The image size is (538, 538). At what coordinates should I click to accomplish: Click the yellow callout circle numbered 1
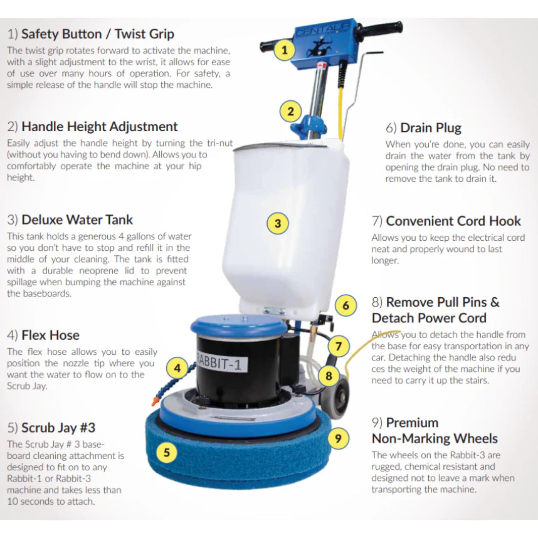tap(284, 50)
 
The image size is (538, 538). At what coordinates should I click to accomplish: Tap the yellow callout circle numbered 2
tap(291, 111)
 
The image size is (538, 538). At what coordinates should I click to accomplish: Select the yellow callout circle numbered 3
tap(278, 223)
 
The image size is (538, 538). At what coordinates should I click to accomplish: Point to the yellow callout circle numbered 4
tap(177, 368)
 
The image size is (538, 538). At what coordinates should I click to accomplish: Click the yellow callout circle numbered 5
tap(167, 452)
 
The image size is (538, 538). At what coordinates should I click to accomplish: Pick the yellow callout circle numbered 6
tap(346, 306)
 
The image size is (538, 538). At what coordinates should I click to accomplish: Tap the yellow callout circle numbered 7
tap(338, 346)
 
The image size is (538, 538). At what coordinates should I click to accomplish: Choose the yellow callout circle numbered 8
tap(329, 376)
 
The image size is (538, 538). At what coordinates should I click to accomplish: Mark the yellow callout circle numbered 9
tap(338, 438)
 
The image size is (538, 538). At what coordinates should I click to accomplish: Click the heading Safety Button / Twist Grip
tap(91, 34)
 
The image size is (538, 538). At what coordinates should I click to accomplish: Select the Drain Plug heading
tap(423, 128)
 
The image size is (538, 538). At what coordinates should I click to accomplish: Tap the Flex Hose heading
tap(43, 335)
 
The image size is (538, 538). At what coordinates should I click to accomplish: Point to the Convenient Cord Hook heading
tap(446, 221)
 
